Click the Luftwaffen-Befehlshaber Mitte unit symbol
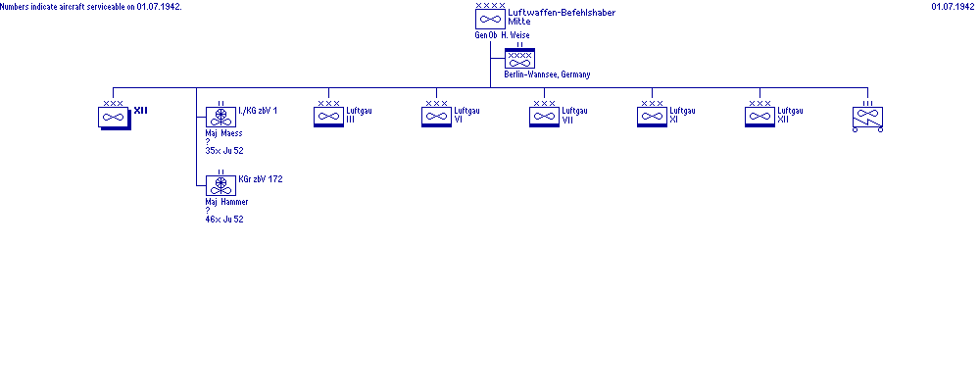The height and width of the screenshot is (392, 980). click(x=490, y=19)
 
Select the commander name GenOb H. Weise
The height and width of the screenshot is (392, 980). click(x=502, y=35)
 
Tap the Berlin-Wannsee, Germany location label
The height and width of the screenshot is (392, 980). click(x=547, y=74)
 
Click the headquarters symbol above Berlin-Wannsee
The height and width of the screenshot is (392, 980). click(x=519, y=59)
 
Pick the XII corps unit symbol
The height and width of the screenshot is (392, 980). click(x=115, y=117)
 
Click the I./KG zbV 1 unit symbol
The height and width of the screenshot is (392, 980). click(x=220, y=117)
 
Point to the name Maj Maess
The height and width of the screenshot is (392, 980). click(x=223, y=133)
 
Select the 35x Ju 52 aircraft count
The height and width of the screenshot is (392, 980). click(x=223, y=151)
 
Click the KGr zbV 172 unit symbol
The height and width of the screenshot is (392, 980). click(x=220, y=185)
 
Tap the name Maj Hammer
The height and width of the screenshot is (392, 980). click(x=226, y=202)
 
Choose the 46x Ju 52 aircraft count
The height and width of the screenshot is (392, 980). click(x=223, y=220)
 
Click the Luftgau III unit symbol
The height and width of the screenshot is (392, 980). click(x=328, y=117)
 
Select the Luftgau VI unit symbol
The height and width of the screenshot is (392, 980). click(x=436, y=117)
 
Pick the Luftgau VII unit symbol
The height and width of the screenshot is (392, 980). click(x=544, y=117)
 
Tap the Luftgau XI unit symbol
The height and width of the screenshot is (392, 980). click(x=652, y=117)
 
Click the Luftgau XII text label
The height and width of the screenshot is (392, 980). click(x=790, y=115)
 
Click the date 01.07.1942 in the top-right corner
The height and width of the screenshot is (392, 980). click(x=953, y=6)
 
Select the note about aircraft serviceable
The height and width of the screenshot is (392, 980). click(x=91, y=7)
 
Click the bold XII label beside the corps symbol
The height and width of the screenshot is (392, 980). click(x=140, y=111)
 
